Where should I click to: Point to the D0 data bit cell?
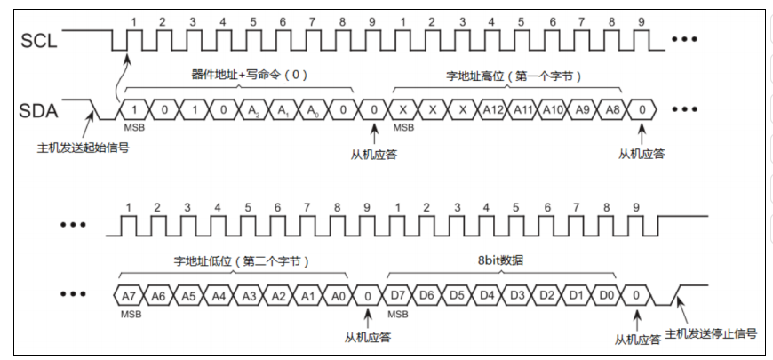[606, 293]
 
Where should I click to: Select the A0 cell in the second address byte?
[338, 293]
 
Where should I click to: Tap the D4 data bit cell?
[486, 293]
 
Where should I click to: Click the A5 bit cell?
[187, 293]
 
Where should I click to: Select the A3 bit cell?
[248, 293]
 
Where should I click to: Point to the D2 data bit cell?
[546, 293]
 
